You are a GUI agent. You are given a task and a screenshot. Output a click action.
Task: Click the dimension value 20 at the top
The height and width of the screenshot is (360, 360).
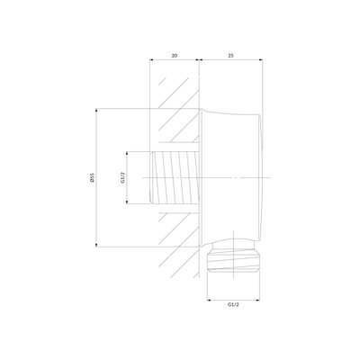click(175, 56)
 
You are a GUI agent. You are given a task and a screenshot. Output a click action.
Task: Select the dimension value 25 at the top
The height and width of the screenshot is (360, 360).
click(230, 56)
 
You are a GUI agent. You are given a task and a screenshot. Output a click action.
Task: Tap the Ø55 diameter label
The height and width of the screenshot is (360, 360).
click(92, 177)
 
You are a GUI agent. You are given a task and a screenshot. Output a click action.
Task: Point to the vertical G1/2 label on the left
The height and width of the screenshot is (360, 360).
click(122, 177)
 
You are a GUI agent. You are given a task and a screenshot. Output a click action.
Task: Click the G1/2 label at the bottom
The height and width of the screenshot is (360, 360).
click(233, 305)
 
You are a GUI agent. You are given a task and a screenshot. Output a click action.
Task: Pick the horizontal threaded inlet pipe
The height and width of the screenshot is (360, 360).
click(175, 177)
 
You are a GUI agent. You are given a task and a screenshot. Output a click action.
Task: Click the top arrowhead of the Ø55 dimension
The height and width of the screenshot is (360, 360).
click(96, 110)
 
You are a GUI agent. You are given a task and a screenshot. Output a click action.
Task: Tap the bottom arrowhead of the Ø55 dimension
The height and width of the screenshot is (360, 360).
click(96, 245)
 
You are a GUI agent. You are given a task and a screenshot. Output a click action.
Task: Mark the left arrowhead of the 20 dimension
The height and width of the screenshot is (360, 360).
click(151, 60)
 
